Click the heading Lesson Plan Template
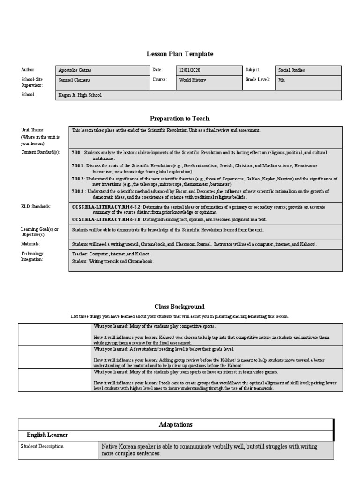point(180,54)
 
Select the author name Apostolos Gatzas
point(75,70)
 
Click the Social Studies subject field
point(292,70)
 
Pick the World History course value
point(192,80)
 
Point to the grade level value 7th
point(281,80)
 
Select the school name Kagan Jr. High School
point(80,95)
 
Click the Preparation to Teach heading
point(180,119)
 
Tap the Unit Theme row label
point(32,130)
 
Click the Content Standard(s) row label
point(40,153)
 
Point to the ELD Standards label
point(36,206)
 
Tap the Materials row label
point(30,244)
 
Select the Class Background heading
point(180,307)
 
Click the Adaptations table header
point(175,424)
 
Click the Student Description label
point(42,447)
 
